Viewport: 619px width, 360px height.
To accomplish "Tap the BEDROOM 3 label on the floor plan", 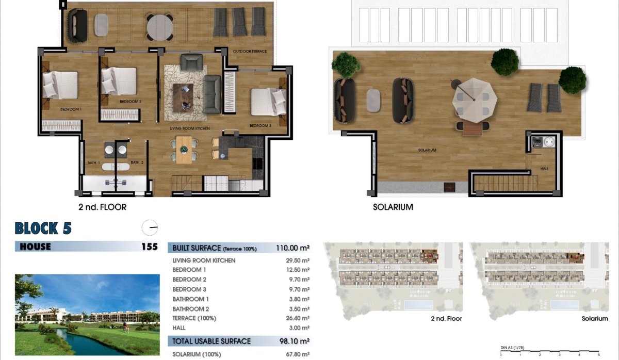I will [x=260, y=125].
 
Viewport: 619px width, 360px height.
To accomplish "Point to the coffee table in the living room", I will [x=183, y=95].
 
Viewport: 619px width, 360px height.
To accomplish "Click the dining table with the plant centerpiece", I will [x=184, y=150].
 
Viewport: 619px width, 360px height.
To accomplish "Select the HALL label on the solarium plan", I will [x=544, y=169].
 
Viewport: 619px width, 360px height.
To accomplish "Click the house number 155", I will [x=149, y=247].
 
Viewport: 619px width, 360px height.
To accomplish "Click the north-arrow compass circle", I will [x=150, y=227].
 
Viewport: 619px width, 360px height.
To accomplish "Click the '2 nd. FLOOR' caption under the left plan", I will [x=102, y=207].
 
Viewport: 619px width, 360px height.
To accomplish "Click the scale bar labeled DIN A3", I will [x=549, y=352].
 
